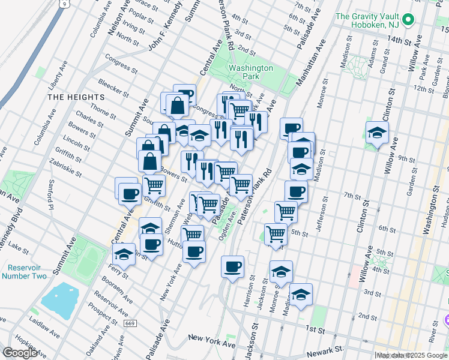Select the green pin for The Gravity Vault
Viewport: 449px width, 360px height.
click(x=409, y=20)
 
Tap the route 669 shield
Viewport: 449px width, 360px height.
click(x=129, y=323)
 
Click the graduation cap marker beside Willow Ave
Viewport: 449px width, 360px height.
click(x=377, y=133)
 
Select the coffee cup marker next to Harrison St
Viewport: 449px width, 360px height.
click(x=232, y=267)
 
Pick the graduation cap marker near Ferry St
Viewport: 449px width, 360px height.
click(x=123, y=254)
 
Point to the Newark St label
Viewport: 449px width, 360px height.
click(x=345, y=348)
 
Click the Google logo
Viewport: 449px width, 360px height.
click(x=20, y=353)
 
